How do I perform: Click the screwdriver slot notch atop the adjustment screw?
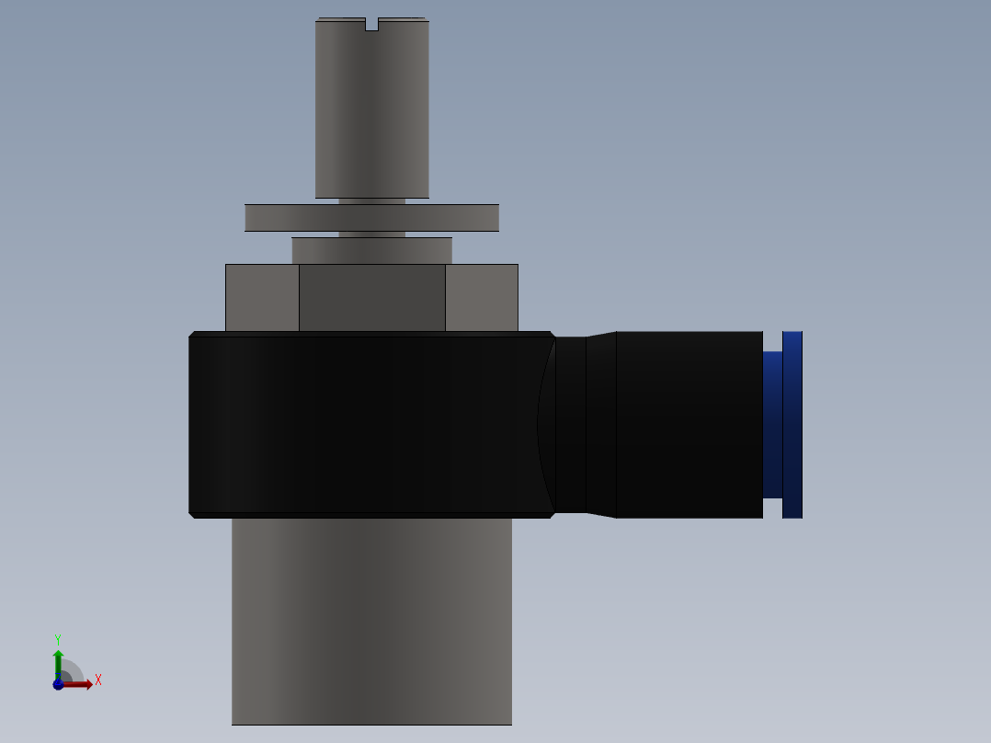coord(371,24)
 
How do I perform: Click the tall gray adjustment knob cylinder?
coord(371,110)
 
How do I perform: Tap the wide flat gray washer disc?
coord(371,218)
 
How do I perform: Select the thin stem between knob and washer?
coord(371,200)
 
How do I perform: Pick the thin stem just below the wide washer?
coord(371,234)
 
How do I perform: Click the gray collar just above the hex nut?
coord(371,250)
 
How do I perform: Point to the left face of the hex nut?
coord(262,297)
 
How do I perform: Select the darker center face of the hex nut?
coord(371,297)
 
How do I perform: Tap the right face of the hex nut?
coord(482,297)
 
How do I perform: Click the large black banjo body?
coord(368,424)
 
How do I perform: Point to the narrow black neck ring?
coord(571,424)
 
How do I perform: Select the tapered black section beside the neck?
coord(601,424)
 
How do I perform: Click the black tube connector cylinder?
coord(689,424)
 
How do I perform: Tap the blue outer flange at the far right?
coord(792,424)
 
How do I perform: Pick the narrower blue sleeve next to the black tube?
coord(772,424)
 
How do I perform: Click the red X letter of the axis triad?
coord(98,680)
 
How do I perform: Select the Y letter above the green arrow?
coord(58,639)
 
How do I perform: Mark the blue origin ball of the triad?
coord(58,684)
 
